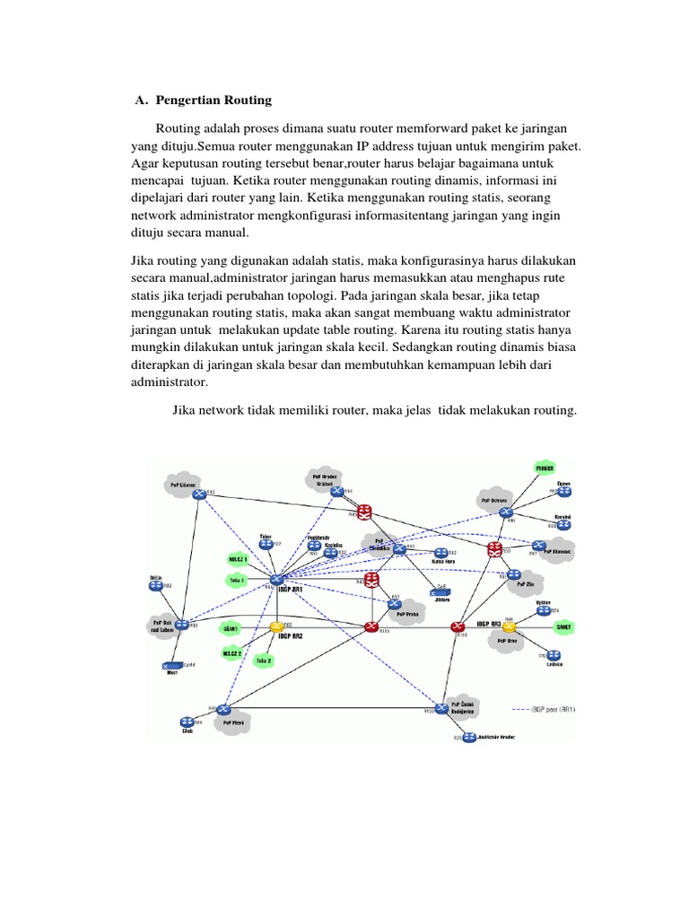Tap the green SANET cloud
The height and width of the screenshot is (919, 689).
coord(563,627)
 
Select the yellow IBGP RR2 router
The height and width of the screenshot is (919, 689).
coord(276,626)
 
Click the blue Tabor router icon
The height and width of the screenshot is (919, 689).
coord(266,543)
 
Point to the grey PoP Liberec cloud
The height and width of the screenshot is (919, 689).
coord(182,484)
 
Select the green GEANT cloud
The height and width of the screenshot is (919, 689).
coord(231,628)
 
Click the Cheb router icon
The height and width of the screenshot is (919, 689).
coord(187,722)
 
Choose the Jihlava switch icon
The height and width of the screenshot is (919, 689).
coord(440,590)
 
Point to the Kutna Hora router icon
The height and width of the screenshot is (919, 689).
coord(440,553)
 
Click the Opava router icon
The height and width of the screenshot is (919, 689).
coord(564,491)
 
